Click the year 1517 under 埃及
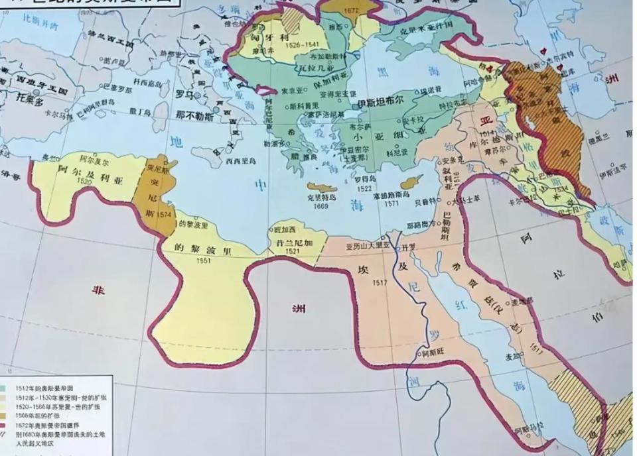click(380, 282)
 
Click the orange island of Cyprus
click(411, 182)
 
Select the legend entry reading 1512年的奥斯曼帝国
click(40, 387)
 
